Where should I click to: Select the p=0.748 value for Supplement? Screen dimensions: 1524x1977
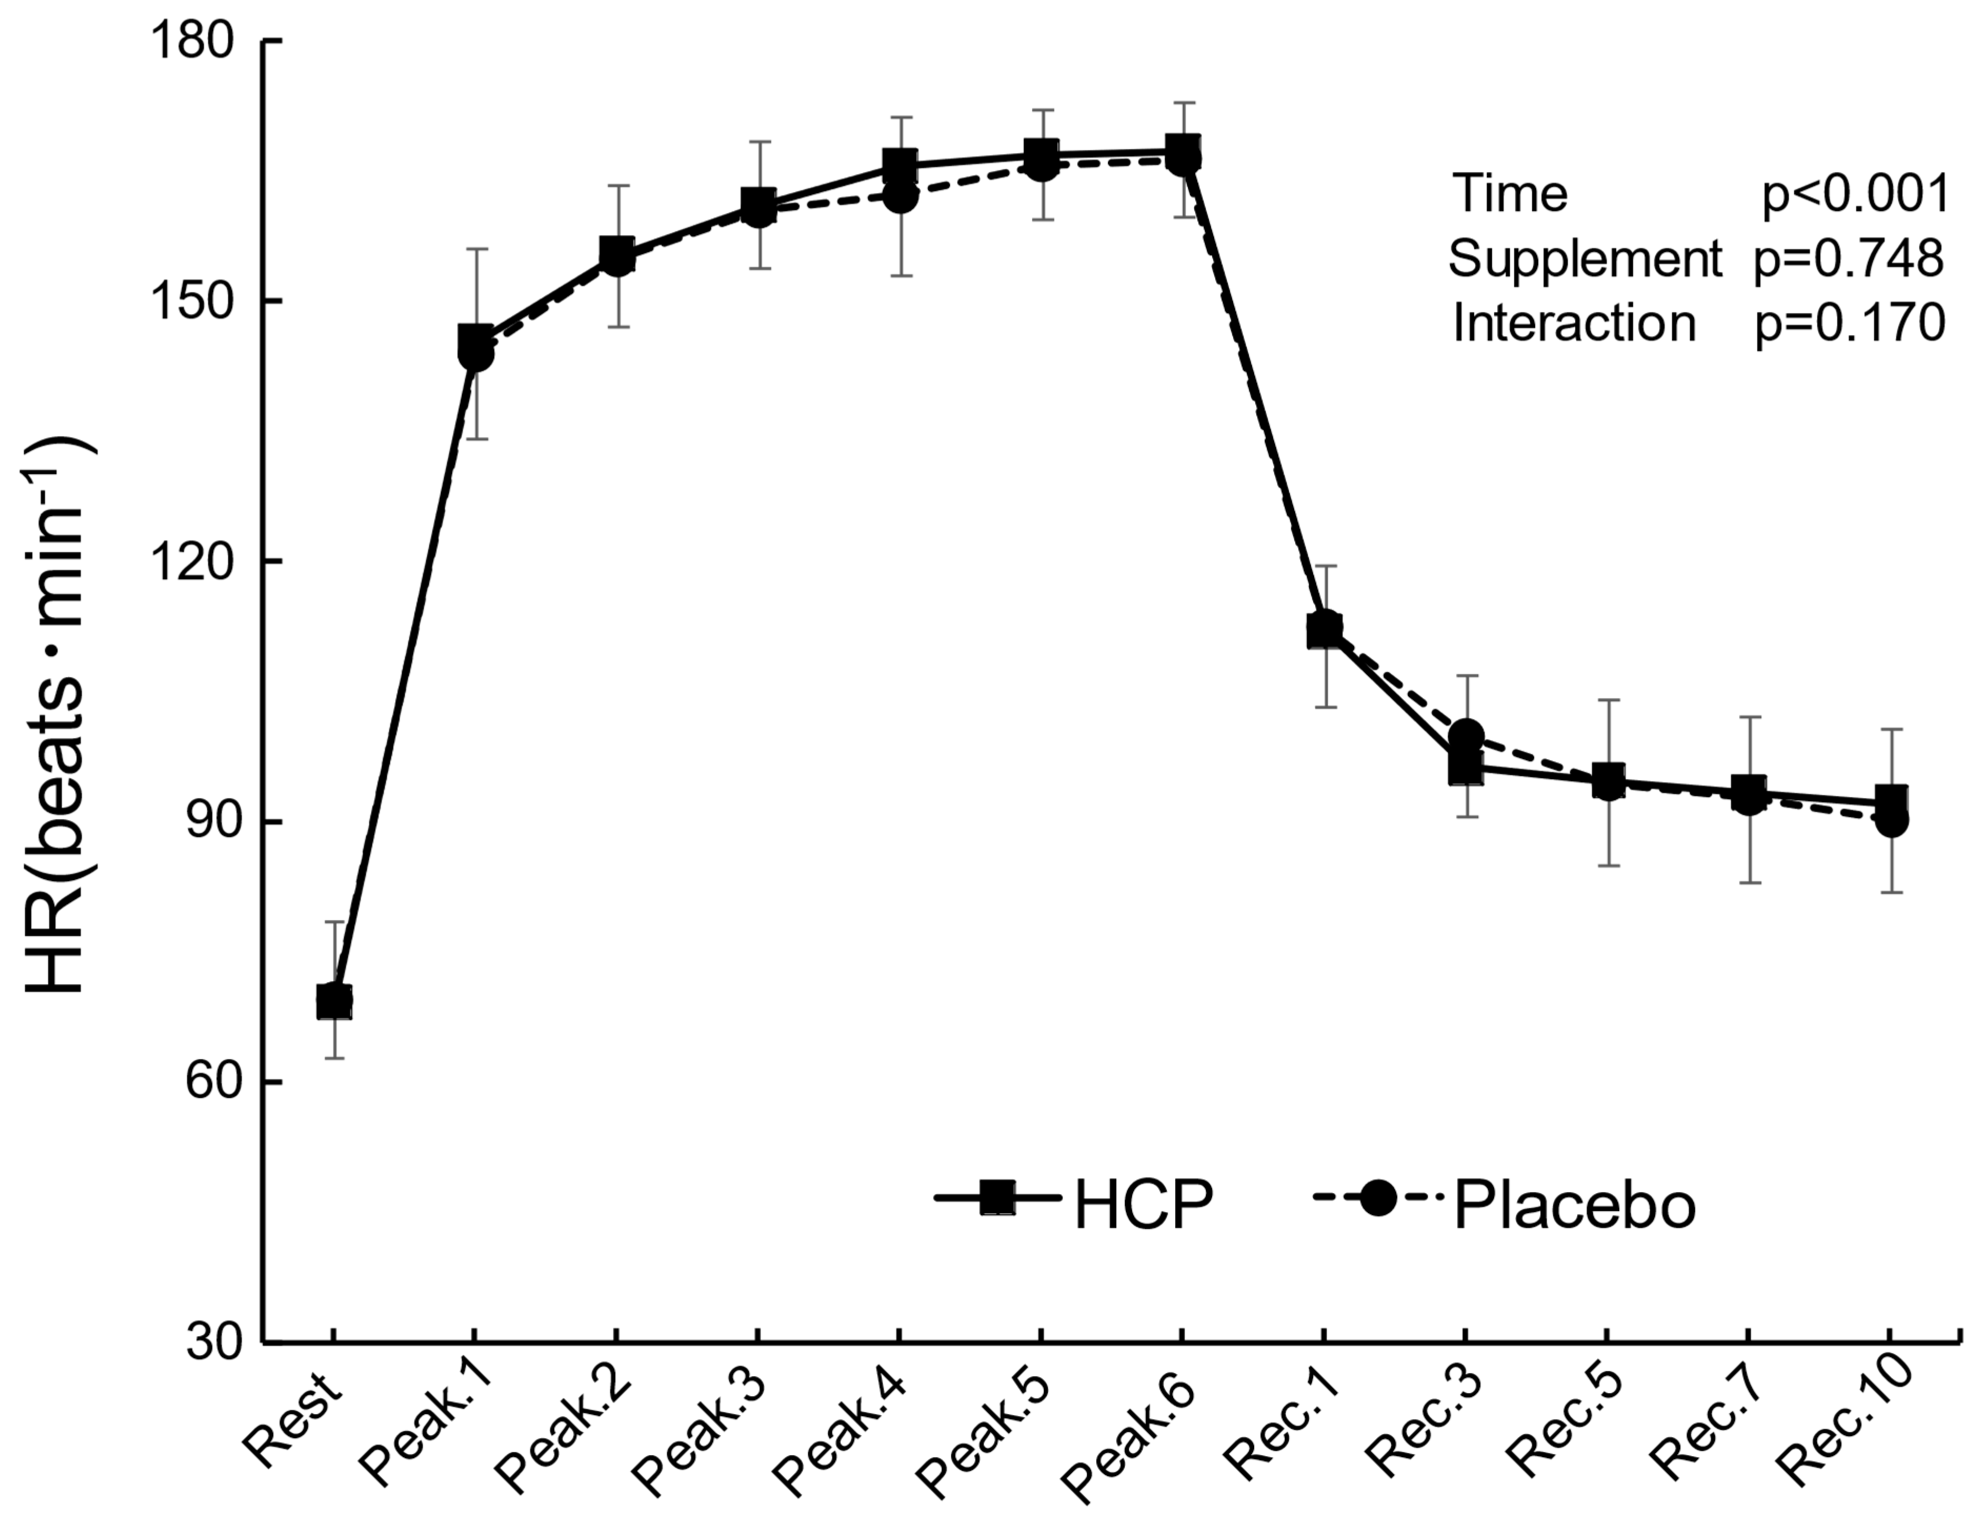(1849, 260)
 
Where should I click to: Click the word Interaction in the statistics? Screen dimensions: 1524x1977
(1573, 324)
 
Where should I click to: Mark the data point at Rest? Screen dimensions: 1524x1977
(334, 1002)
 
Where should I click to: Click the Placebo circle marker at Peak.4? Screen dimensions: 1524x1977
(899, 196)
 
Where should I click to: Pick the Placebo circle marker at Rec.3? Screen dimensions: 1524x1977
(1467, 735)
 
